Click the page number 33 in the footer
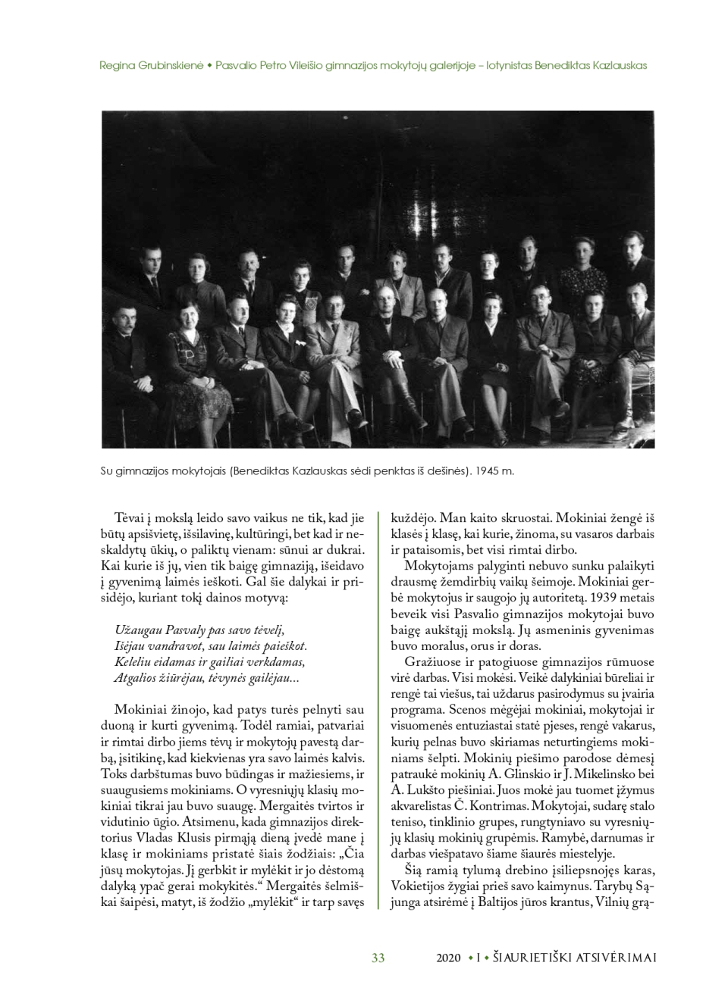(378, 958)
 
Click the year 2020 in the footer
(448, 958)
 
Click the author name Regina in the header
(116, 65)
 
